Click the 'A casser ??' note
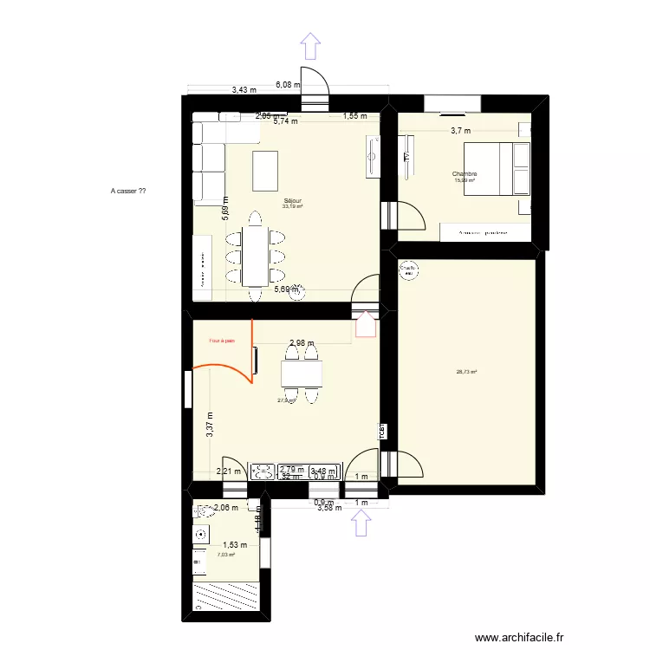tap(129, 191)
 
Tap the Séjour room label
tap(293, 200)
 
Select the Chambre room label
tap(465, 174)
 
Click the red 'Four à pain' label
tap(221, 341)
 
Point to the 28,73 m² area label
tap(467, 373)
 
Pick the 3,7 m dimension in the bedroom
tap(460, 131)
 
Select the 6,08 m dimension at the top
tap(287, 85)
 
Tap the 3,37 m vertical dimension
tap(209, 426)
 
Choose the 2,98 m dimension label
tap(302, 343)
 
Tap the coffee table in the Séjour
tap(266, 170)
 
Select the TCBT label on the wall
tap(380, 430)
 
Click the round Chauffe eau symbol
tap(407, 270)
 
